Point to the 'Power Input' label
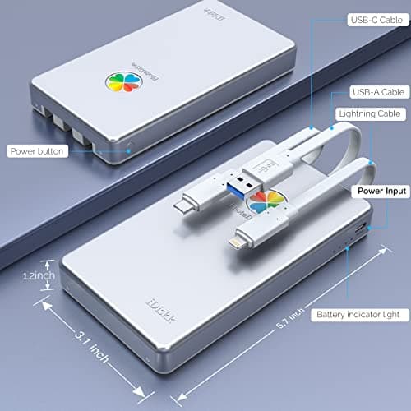(379, 191)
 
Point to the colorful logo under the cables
(265, 200)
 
